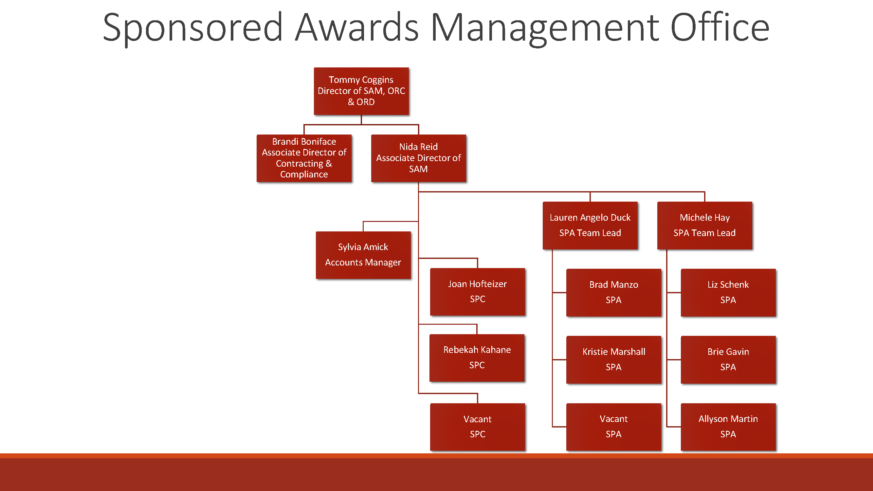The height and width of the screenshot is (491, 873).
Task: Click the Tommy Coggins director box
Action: coord(361,91)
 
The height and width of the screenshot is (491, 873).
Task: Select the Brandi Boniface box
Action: coord(304,158)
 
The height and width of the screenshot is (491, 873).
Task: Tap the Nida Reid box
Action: coord(419,158)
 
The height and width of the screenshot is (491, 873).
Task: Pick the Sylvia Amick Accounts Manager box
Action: coord(363,255)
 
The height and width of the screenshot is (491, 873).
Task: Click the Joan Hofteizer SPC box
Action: coord(478,291)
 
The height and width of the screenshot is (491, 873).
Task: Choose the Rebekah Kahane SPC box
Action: coord(477,357)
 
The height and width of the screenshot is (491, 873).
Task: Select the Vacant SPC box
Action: coord(478,427)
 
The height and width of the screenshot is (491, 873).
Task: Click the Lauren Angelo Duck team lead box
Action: coord(590,225)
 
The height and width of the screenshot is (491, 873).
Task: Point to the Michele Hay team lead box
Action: coord(704,225)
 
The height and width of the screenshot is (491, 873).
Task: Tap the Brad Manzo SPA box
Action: coord(614,292)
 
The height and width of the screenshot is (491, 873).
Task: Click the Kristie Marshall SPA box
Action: coord(614,359)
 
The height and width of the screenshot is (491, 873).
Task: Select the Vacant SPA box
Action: coord(614,427)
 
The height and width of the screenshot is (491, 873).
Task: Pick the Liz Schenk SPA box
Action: coord(728,292)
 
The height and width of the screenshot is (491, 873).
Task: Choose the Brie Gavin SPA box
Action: coord(728,359)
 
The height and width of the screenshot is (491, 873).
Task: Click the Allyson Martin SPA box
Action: coord(728,427)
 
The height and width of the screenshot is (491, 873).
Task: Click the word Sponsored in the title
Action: coord(192,28)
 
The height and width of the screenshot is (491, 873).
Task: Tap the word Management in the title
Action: coord(545,28)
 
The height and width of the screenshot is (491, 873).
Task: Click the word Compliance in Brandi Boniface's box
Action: coord(304,174)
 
